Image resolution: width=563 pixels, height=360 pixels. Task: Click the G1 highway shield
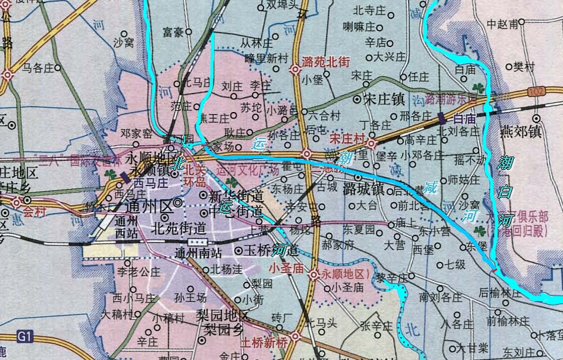23,336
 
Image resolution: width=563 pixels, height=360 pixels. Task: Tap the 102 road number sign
537,90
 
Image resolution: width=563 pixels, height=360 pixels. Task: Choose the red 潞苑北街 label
327,61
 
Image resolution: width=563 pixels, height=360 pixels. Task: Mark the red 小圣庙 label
288,268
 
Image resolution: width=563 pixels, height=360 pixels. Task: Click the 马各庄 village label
38,68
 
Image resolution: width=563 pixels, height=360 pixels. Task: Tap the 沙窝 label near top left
123,43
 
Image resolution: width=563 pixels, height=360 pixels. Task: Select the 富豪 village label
173,31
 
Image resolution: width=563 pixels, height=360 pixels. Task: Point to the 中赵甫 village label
502,25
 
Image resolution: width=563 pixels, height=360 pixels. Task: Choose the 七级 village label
455,264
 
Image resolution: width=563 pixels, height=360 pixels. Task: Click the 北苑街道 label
179,228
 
